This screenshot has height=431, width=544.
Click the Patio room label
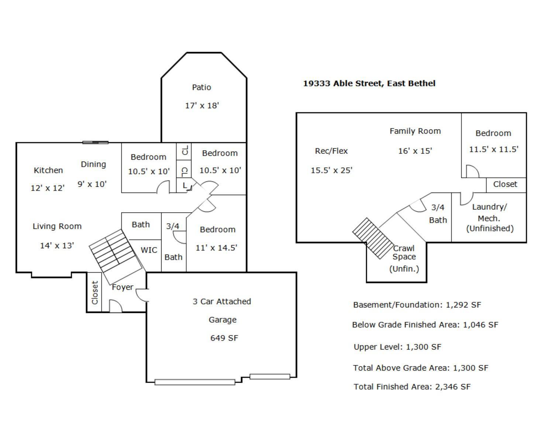coord(202,87)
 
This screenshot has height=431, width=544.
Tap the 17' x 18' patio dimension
coord(202,106)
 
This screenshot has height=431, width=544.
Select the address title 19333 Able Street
coord(369,83)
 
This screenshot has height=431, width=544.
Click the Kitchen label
coord(48,170)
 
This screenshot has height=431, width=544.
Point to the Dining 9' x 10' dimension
coord(92,184)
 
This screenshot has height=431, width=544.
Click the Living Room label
coord(57,227)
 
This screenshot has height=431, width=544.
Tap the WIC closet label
coord(149,250)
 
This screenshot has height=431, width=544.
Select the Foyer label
coord(123,287)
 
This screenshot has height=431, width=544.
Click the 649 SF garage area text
coord(224,338)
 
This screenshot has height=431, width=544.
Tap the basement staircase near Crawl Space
coord(373,238)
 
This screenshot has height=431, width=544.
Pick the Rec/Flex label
coord(331,151)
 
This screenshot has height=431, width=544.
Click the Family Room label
coord(415,131)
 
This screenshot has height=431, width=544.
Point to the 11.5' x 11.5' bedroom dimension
coord(493,149)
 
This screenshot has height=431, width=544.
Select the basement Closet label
coord(505,184)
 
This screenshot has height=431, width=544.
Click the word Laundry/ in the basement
coord(489,207)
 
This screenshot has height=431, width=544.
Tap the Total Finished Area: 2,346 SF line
coord(412,387)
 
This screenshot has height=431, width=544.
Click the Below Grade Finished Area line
coord(425,325)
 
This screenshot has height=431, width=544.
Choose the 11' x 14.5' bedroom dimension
coord(216,248)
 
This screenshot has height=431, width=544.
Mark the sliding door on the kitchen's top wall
coord(95,142)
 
